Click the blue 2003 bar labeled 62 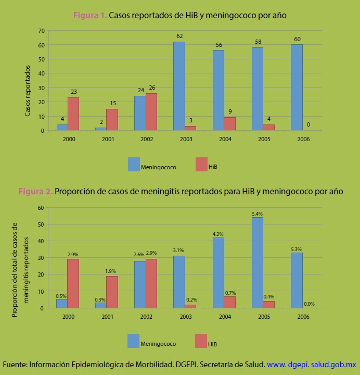179,86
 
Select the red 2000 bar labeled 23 73,114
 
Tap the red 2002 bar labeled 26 151,111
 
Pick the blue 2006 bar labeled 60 297,87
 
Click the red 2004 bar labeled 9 229,123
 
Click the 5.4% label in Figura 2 257,214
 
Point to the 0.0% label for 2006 309,304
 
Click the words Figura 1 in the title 90,16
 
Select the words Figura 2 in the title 35,191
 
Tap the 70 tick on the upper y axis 41,30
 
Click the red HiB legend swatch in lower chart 201,341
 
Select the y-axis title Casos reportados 28,91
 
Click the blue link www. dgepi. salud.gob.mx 311,365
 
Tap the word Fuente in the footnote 15,365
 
